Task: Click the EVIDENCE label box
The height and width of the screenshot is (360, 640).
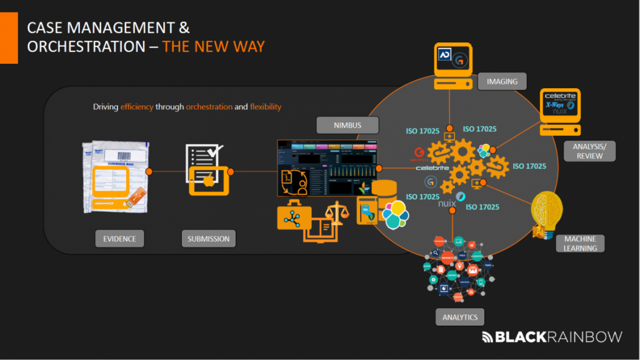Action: coord(119,238)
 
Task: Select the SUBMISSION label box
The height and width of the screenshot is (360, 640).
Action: coord(209,238)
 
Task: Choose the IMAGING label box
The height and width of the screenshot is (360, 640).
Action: coord(502,81)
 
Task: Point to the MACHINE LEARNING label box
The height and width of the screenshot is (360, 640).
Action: coord(580,243)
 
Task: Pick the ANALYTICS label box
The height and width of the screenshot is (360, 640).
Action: coord(459,317)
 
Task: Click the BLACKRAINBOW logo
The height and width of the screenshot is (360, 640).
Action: coord(552,337)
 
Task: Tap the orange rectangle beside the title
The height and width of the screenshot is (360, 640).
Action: coord(9,37)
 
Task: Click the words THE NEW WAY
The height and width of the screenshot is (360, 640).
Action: coord(213,47)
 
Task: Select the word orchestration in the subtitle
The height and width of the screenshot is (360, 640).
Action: coord(208,107)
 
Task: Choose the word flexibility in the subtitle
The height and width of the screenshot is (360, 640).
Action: coord(266,107)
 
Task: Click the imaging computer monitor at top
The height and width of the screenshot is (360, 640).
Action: coord(453,62)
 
